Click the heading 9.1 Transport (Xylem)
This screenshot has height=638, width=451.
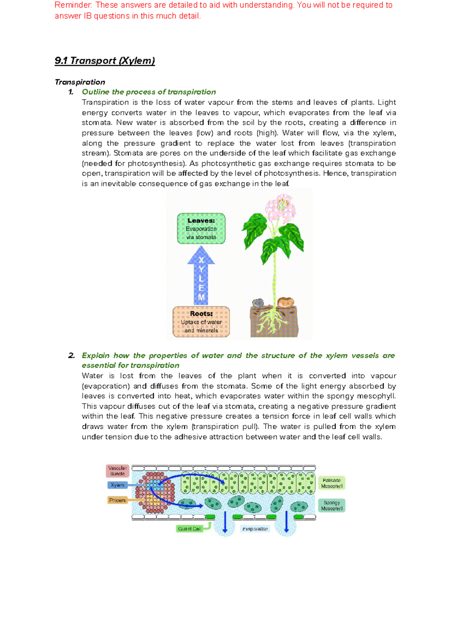(x=104, y=61)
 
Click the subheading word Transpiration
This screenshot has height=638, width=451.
(x=80, y=82)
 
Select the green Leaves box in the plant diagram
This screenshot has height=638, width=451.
(x=201, y=229)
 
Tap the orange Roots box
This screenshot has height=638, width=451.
(x=201, y=322)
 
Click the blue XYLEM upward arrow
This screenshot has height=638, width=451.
(x=201, y=276)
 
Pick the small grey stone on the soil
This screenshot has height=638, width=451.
(x=258, y=303)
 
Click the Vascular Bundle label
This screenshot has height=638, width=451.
(x=118, y=471)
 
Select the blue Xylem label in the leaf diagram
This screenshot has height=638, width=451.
(x=118, y=485)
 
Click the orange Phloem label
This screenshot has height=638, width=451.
(x=117, y=500)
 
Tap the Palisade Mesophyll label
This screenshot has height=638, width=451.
(x=331, y=483)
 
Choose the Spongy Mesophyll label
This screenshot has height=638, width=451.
(x=331, y=505)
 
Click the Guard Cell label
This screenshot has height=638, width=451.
(x=189, y=529)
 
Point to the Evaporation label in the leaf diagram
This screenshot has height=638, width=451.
(x=255, y=529)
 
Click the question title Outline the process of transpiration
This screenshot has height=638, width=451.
(x=149, y=92)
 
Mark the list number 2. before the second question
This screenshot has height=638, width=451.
(x=71, y=355)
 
